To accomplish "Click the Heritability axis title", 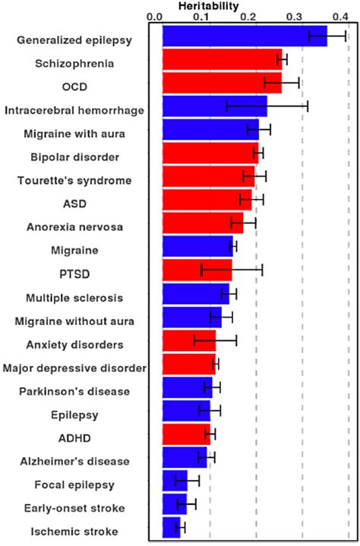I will (x=207, y=5).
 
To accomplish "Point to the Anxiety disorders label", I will (x=74, y=344).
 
